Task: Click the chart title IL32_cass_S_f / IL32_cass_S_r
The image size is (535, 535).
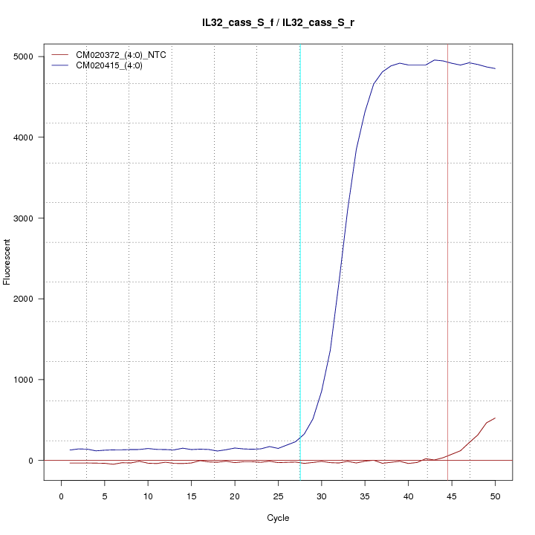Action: coord(278,22)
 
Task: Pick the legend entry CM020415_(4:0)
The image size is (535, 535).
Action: coord(112,65)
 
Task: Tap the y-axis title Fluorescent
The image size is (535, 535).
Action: coord(7,262)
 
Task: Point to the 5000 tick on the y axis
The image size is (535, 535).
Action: coord(25,56)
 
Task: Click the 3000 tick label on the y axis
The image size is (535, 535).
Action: coord(25,218)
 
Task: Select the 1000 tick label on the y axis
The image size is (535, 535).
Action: coord(25,380)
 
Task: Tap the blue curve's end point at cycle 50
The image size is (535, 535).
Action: coord(495,68)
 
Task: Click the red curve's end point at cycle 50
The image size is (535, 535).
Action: coord(495,418)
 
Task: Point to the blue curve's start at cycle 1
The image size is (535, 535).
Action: coord(70,450)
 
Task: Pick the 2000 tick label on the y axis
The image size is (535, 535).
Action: coord(25,299)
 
